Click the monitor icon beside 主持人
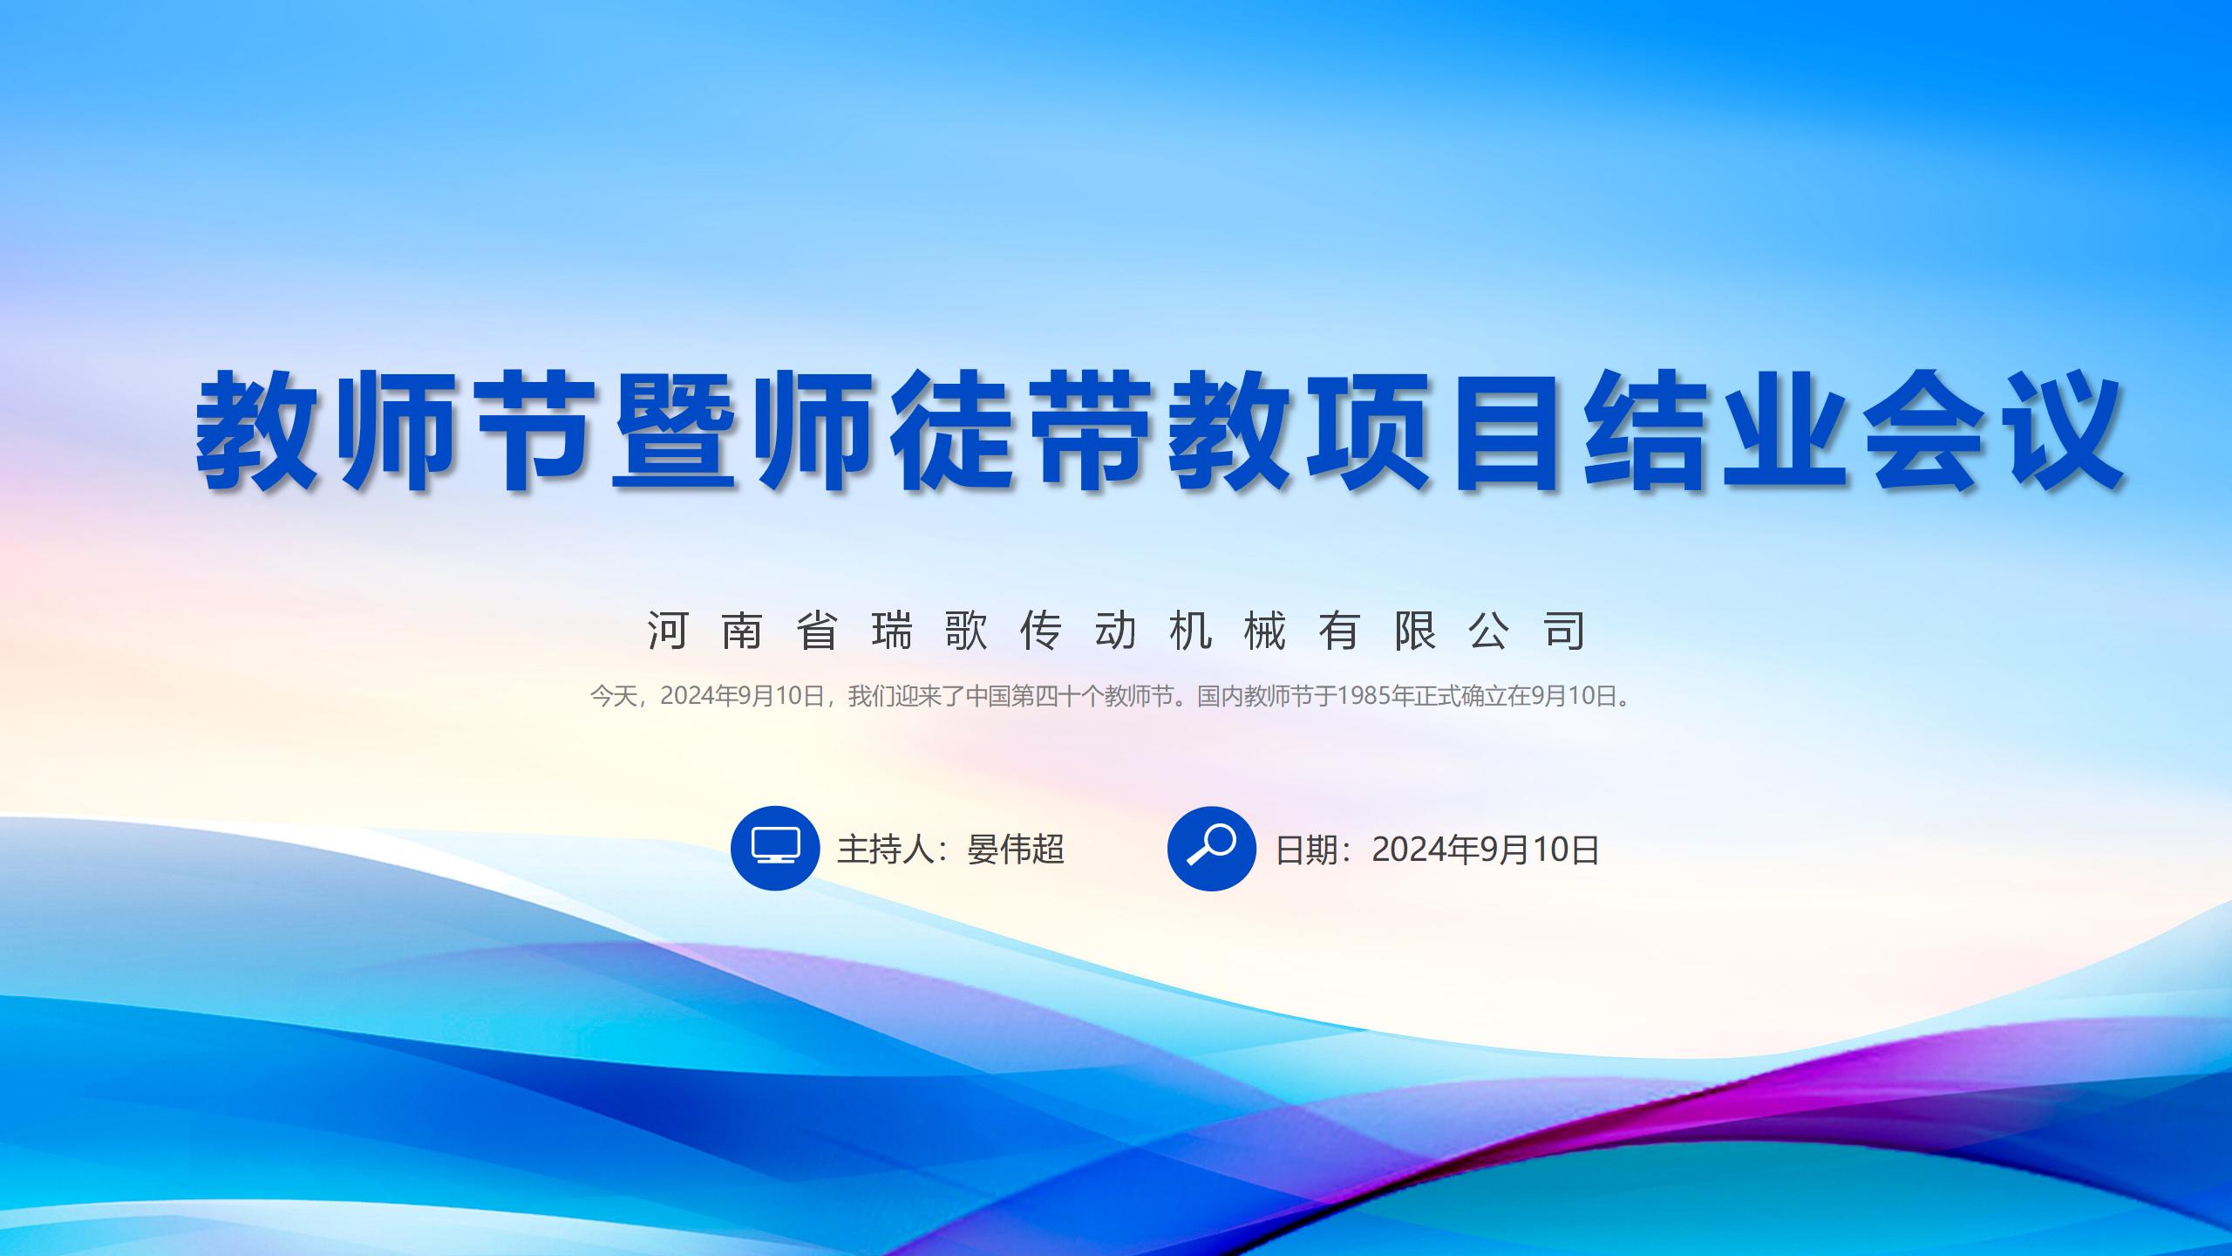click(775, 848)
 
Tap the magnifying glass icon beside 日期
click(1212, 848)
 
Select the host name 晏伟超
click(1016, 849)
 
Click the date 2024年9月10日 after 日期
click(1486, 850)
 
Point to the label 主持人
click(886, 849)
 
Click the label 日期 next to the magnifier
click(1307, 850)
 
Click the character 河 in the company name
click(668, 630)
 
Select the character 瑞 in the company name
click(892, 630)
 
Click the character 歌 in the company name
click(967, 630)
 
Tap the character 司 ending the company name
click(1564, 630)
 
